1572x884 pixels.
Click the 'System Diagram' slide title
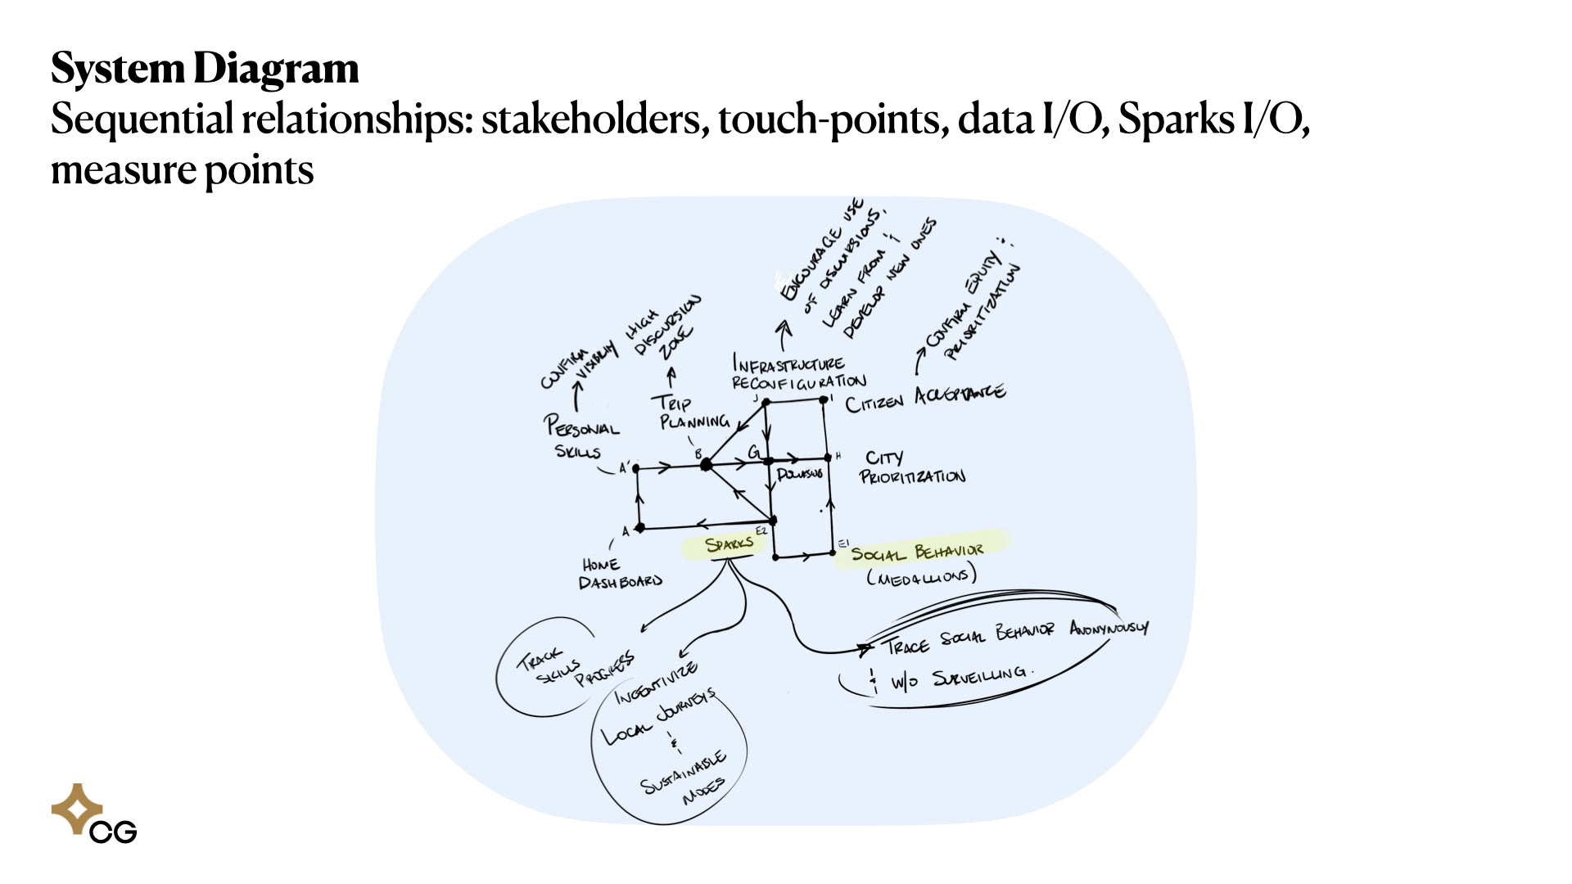pyautogui.click(x=205, y=69)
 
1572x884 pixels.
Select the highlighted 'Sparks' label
pyautogui.click(x=728, y=544)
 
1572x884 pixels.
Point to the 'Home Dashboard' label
pyautogui.click(x=620, y=574)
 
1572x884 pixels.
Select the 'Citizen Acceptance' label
pyautogui.click(x=925, y=399)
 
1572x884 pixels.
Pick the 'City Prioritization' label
pyautogui.click(x=911, y=467)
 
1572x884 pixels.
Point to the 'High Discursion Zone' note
pyautogui.click(x=663, y=327)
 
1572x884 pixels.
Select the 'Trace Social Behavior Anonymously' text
pyautogui.click(x=1015, y=636)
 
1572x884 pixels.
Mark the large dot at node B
pyautogui.click(x=706, y=465)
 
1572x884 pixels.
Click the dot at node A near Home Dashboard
pyautogui.click(x=640, y=528)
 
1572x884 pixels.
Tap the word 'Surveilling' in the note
pyautogui.click(x=979, y=676)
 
